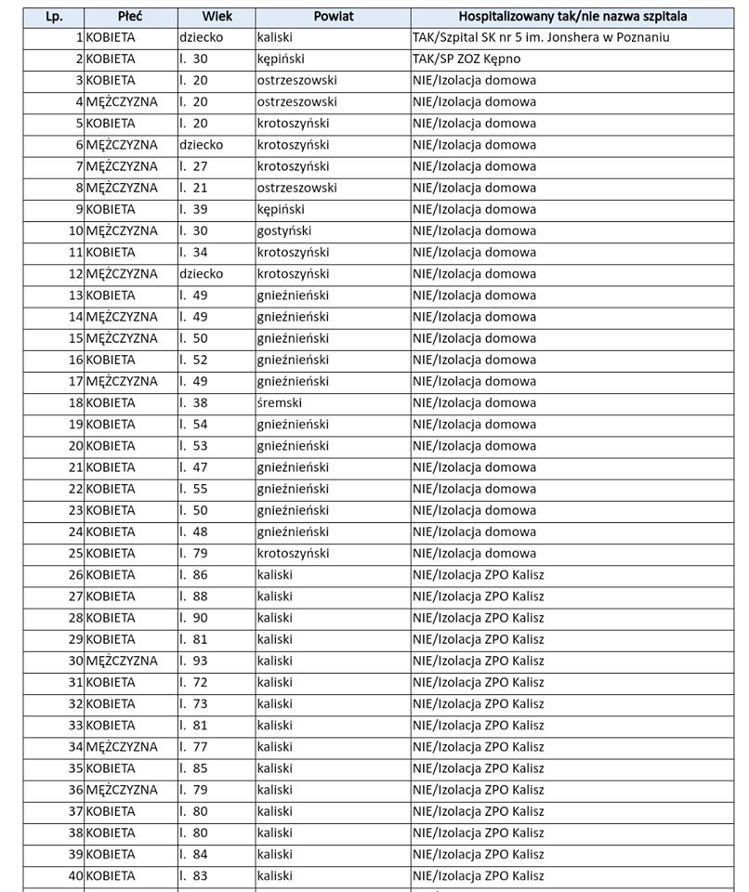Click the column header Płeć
coord(130,17)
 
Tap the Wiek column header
coord(217,17)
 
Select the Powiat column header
coord(333,17)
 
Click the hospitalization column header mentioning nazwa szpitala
coord(579,17)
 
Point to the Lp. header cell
coord(54,17)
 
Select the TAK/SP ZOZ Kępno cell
coord(473,59)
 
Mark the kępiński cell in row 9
coord(281,209)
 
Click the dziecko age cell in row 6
coord(202,144)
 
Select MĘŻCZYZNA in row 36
coord(122,790)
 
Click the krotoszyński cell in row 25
coord(293,553)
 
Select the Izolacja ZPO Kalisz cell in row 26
coord(479,574)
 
